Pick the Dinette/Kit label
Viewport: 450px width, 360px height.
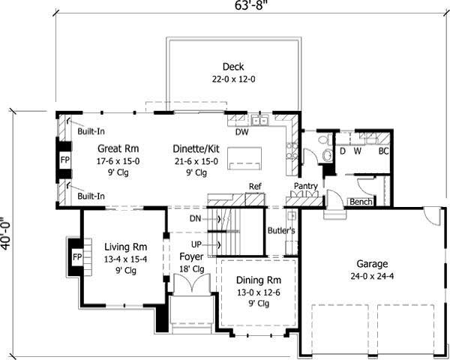click(195, 148)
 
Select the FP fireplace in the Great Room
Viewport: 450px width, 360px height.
click(65, 160)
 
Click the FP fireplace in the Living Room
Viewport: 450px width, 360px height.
click(76, 257)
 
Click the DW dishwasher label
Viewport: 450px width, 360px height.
click(241, 132)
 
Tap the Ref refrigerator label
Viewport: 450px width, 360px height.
click(255, 186)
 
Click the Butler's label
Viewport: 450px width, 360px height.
click(281, 231)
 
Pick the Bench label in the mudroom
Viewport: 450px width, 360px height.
click(361, 202)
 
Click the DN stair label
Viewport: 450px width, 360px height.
click(196, 219)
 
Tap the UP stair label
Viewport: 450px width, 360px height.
click(196, 244)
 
